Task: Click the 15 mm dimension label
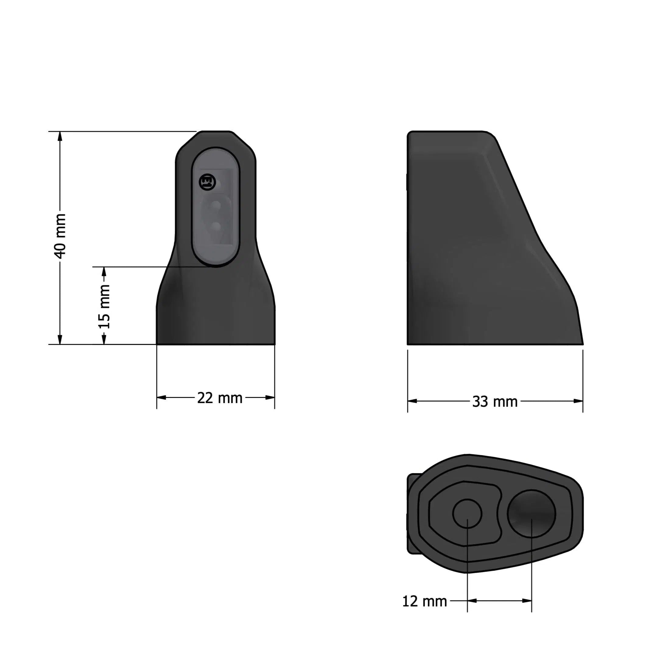point(104,307)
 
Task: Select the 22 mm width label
point(219,398)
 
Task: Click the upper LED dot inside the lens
point(216,205)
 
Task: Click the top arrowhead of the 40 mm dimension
point(60,136)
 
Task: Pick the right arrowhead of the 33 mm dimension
point(578,401)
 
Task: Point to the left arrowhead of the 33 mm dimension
point(412,401)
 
